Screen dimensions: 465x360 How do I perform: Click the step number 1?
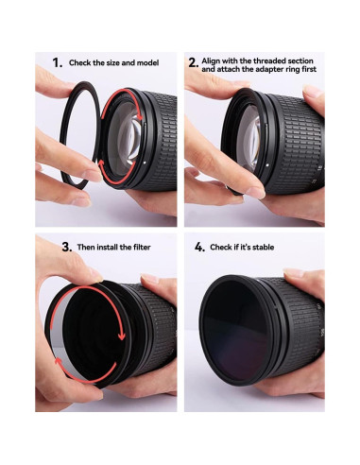click(x=58, y=62)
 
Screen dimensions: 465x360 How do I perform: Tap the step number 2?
click(x=193, y=63)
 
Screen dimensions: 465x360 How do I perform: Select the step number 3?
click(x=67, y=246)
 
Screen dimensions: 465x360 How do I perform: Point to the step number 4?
click(x=199, y=246)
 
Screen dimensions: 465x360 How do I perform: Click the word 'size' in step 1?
click(x=116, y=62)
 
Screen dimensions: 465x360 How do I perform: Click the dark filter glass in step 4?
click(x=236, y=326)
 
